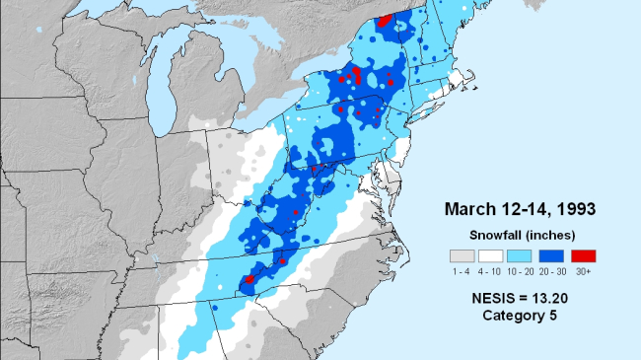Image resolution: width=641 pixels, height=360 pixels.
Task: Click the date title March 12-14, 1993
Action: [519, 209]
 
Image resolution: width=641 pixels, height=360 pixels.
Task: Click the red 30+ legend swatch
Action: [583, 255]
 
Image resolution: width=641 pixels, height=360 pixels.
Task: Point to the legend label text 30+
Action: [583, 269]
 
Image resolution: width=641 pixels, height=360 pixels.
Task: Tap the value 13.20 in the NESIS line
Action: [547, 296]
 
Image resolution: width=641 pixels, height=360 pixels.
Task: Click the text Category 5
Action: [519, 315]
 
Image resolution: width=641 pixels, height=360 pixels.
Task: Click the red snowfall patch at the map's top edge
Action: [385, 21]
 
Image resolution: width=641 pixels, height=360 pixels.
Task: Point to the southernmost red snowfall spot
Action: [249, 279]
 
